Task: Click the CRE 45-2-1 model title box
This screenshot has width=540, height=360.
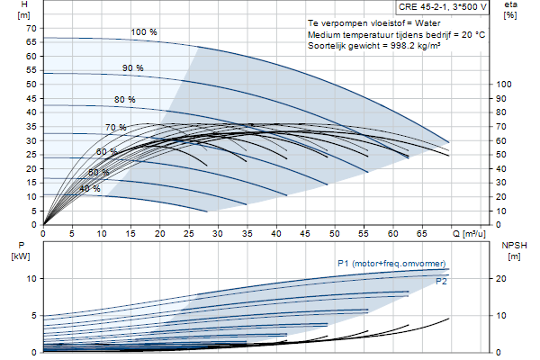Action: point(442,7)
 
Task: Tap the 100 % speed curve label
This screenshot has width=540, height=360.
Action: point(144,32)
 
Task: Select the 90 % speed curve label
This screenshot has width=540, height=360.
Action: point(132,67)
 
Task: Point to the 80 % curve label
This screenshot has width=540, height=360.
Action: point(125,100)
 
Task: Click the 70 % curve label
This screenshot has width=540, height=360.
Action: point(116,128)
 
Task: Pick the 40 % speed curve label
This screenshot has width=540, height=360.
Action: point(90,189)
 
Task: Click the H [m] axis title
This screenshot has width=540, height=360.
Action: point(24,10)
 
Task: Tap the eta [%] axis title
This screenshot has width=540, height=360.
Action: point(510,10)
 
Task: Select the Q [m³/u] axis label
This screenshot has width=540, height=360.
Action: point(469,234)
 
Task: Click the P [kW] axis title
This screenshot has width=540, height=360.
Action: point(21,251)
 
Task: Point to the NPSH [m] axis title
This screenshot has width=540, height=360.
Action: point(514,251)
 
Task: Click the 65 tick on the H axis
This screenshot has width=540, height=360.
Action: point(31,42)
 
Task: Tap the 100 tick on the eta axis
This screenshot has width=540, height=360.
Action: point(504,85)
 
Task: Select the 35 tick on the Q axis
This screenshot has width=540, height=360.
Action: point(247,234)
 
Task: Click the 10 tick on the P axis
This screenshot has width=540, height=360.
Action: point(31,279)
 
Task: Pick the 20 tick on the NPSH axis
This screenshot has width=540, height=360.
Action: point(500,279)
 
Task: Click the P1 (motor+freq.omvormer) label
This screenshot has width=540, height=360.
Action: point(391,264)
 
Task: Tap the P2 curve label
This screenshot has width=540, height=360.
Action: point(441,282)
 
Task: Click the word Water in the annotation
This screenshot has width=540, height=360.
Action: point(427,23)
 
